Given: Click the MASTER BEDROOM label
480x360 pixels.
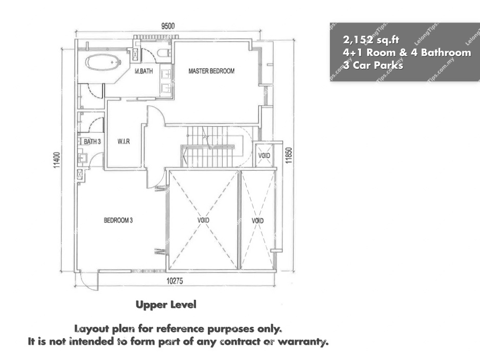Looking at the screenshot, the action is [x=211, y=71].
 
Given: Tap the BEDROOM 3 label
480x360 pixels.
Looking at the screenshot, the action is [x=118, y=221].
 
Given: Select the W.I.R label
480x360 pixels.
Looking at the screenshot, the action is [x=124, y=141].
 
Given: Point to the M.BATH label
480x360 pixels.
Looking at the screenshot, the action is [x=144, y=71].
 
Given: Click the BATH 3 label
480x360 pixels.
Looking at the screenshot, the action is [x=92, y=142].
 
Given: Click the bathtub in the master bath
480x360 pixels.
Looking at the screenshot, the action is [x=103, y=62].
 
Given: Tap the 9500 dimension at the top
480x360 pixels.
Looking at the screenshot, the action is [x=168, y=26].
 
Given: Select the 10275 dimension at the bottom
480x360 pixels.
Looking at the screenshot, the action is [x=175, y=281].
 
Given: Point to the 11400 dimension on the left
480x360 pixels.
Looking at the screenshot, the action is [x=57, y=160].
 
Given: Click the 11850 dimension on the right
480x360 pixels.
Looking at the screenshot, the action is [x=289, y=156].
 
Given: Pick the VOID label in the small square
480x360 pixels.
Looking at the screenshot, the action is [x=264, y=156].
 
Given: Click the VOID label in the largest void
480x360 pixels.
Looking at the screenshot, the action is [x=203, y=221].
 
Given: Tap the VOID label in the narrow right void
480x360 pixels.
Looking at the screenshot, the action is [x=257, y=221].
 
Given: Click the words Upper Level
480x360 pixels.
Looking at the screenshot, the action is [x=166, y=304].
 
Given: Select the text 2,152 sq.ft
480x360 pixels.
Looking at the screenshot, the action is [x=371, y=40].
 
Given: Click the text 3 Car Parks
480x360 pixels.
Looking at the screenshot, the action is [x=373, y=65].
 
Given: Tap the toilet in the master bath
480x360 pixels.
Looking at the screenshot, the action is [x=164, y=53].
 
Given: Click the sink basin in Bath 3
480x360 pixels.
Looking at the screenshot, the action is [x=83, y=158].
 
